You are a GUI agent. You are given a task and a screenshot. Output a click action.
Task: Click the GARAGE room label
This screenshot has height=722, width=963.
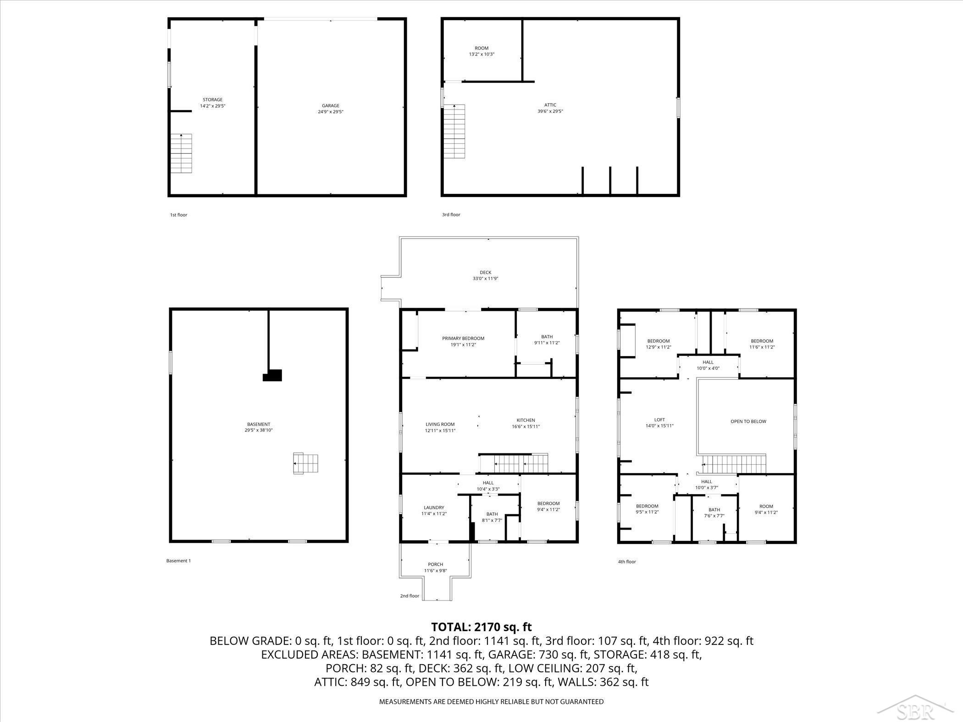pyautogui.click(x=330, y=109)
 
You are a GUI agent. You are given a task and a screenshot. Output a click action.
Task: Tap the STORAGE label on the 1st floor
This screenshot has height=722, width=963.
pyautogui.click(x=212, y=103)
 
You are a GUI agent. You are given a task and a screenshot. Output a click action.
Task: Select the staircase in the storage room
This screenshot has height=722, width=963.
pyautogui.click(x=182, y=154)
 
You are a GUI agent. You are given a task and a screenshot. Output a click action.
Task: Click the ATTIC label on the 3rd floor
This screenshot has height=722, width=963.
pyautogui.click(x=550, y=108)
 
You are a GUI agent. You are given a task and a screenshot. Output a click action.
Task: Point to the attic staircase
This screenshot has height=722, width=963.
pyautogui.click(x=454, y=132)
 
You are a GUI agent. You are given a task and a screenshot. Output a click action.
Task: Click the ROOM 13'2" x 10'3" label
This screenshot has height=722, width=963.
pyautogui.click(x=481, y=51)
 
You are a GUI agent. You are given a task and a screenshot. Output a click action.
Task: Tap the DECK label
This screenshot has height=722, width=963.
pyautogui.click(x=485, y=276)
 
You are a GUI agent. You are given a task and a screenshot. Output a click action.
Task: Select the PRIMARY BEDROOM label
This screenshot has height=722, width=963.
pyautogui.click(x=463, y=342)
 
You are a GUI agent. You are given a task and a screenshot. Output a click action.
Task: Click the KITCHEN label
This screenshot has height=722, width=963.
pyautogui.click(x=526, y=423)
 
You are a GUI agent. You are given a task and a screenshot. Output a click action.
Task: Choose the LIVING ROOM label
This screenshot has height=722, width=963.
pyautogui.click(x=440, y=427)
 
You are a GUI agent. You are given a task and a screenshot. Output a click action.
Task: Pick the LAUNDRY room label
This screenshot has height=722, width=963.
pyautogui.click(x=434, y=511)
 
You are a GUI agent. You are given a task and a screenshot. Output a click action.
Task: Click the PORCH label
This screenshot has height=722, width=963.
pyautogui.click(x=436, y=568)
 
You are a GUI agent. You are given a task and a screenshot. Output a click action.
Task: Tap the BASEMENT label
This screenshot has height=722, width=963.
pyautogui.click(x=259, y=427)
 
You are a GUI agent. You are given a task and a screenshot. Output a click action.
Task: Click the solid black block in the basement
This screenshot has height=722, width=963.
pyautogui.click(x=272, y=375)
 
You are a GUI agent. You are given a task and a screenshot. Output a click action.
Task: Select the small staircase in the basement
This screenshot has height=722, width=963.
pyautogui.click(x=306, y=464)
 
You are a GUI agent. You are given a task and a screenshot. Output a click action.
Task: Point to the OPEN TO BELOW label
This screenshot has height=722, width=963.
pyautogui.click(x=748, y=421)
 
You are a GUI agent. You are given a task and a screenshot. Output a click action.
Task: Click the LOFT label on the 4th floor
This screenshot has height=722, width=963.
pyautogui.click(x=659, y=423)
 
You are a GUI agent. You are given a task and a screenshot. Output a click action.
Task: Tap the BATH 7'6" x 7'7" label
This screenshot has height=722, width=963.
pyautogui.click(x=714, y=513)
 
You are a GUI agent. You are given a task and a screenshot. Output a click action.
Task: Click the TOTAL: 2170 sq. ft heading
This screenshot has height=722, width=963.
pyautogui.click(x=481, y=627)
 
